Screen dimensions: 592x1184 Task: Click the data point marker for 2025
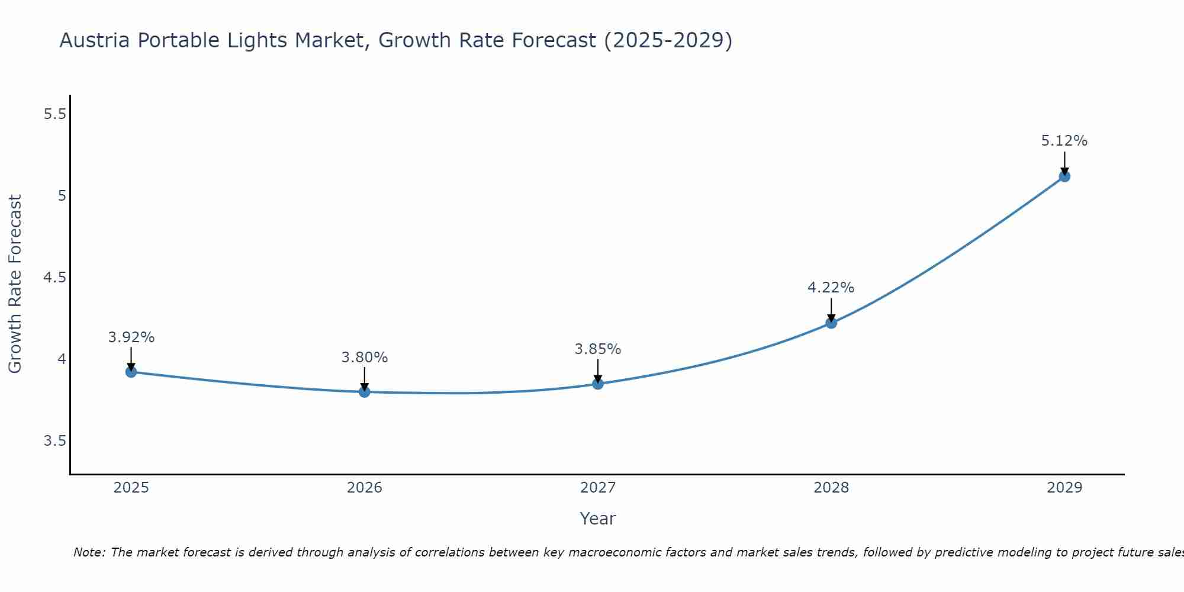(131, 372)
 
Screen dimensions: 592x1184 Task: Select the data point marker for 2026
(364, 392)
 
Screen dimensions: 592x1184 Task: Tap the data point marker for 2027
(597, 384)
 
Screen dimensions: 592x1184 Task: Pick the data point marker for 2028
(831, 323)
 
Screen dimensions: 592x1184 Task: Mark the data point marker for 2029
(1064, 176)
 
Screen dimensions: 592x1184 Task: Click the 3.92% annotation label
(131, 337)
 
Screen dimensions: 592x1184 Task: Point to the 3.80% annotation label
(364, 358)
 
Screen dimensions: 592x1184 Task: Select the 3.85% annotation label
(597, 349)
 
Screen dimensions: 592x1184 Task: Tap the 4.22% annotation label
(831, 288)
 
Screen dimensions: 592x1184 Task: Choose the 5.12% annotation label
(1064, 141)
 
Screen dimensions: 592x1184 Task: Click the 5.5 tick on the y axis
(54, 114)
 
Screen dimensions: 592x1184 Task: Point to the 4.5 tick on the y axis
(54, 278)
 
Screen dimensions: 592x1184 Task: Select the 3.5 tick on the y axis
(54, 441)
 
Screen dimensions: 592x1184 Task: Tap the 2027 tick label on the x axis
(597, 488)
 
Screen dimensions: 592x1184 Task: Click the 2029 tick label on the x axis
(1064, 488)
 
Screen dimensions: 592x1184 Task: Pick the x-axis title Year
(597, 519)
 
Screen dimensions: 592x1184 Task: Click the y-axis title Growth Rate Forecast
(15, 284)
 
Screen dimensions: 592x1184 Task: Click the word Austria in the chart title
(95, 40)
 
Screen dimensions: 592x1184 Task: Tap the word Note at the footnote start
(89, 552)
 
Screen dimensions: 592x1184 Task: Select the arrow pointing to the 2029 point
(1064, 163)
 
